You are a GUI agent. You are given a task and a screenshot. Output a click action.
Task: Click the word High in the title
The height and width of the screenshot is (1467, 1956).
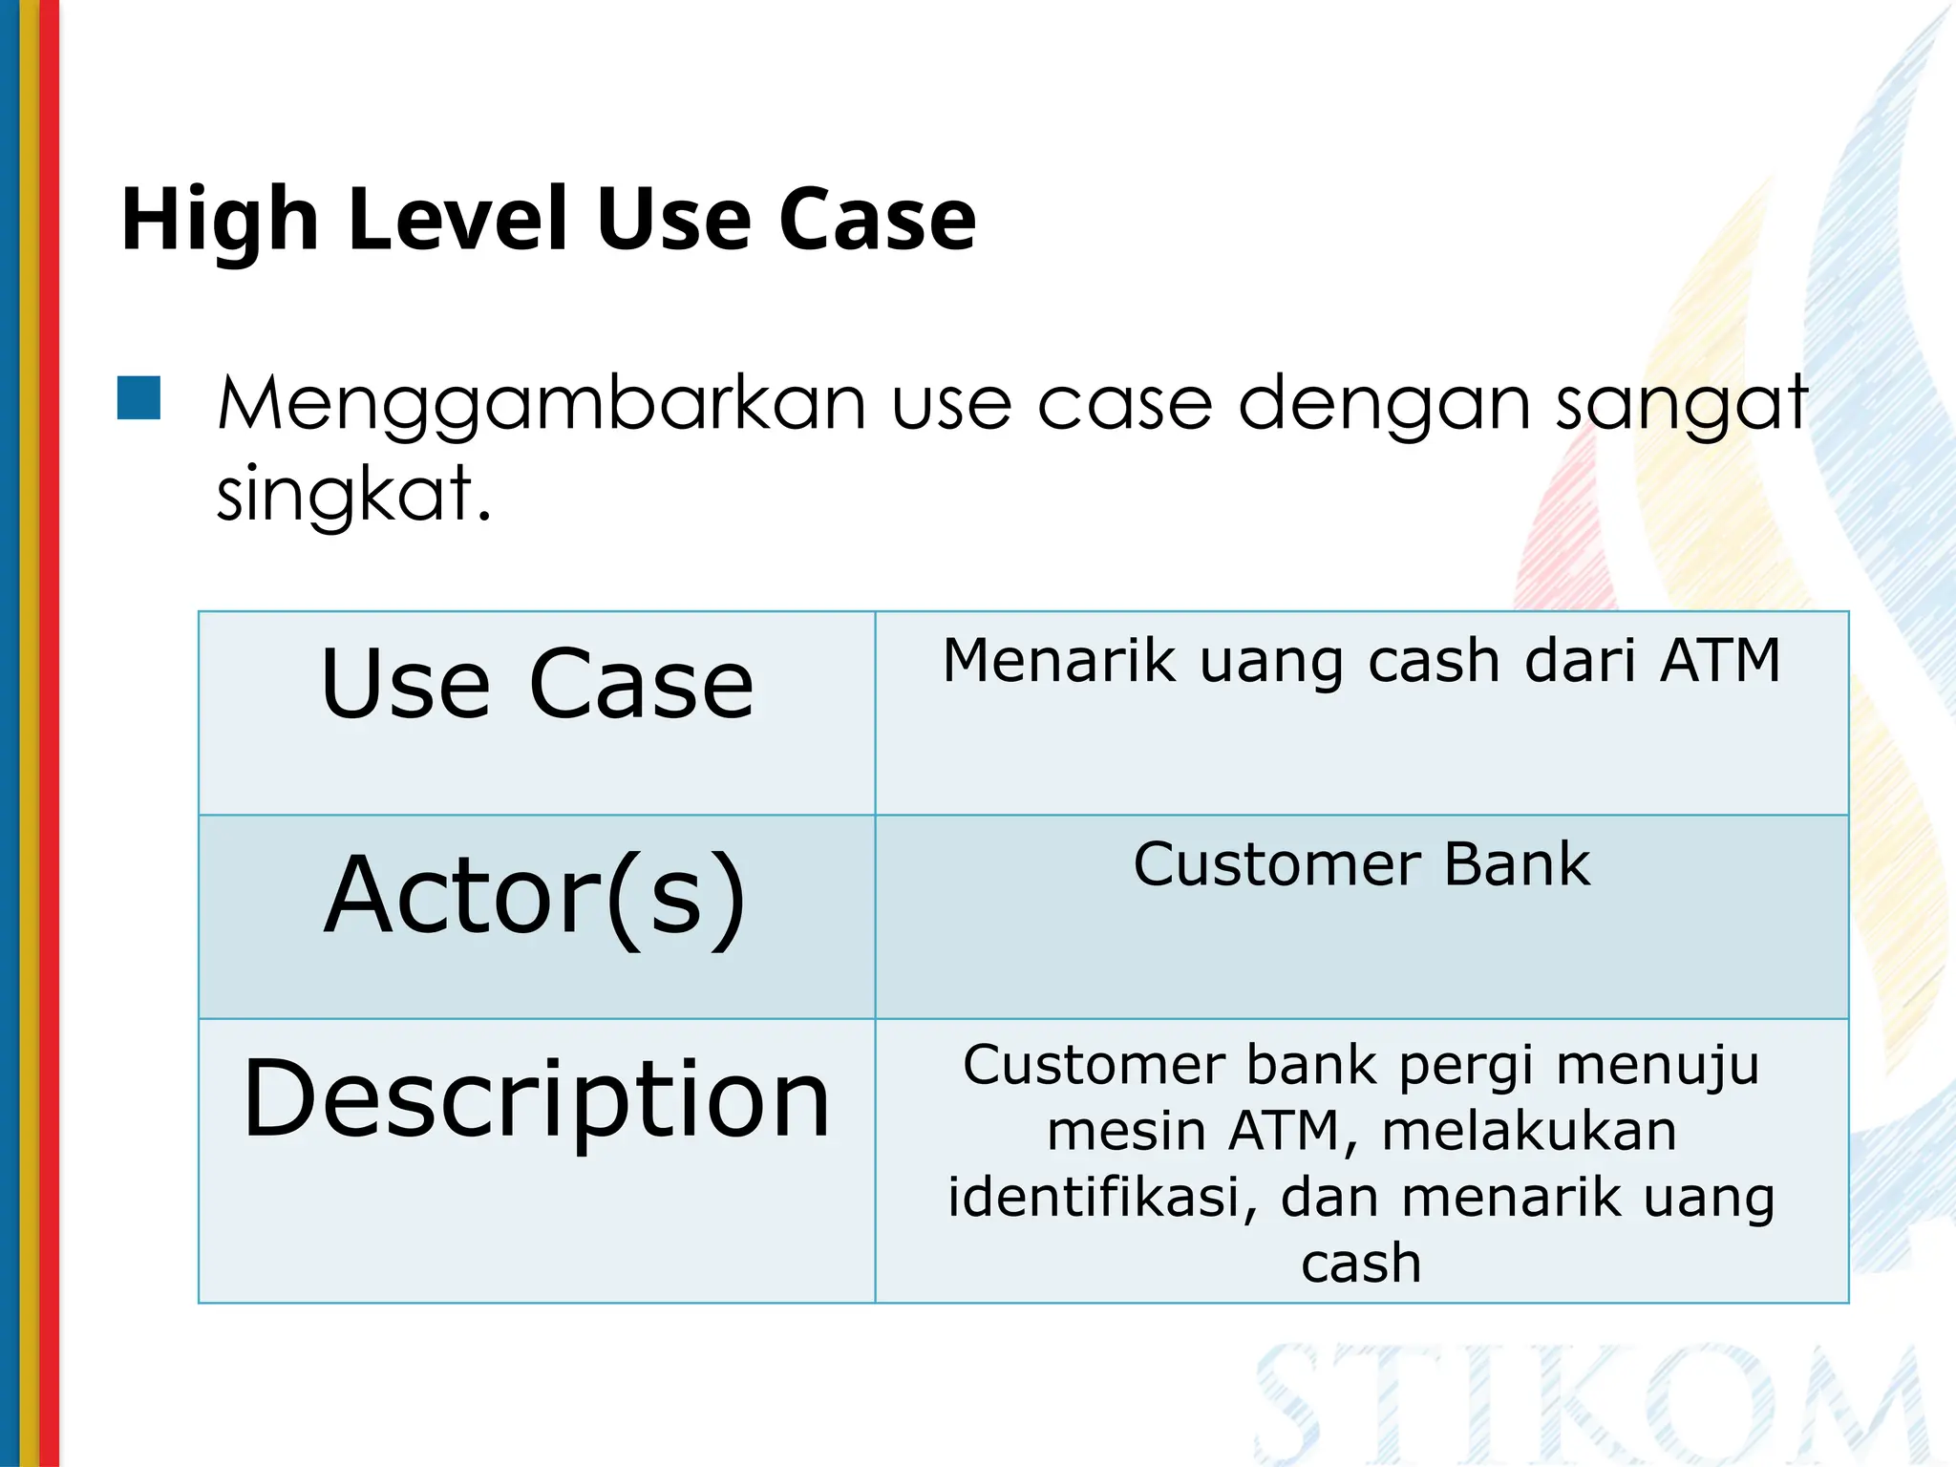click(219, 222)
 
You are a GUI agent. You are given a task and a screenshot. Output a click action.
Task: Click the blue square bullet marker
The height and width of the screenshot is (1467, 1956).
click(138, 398)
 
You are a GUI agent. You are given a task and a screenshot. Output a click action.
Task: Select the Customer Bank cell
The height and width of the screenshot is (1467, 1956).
click(1361, 865)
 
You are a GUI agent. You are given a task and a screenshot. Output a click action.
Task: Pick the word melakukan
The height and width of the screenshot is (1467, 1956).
click(1528, 1132)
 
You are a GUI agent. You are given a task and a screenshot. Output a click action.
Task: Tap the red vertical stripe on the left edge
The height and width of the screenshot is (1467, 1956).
click(49, 733)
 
